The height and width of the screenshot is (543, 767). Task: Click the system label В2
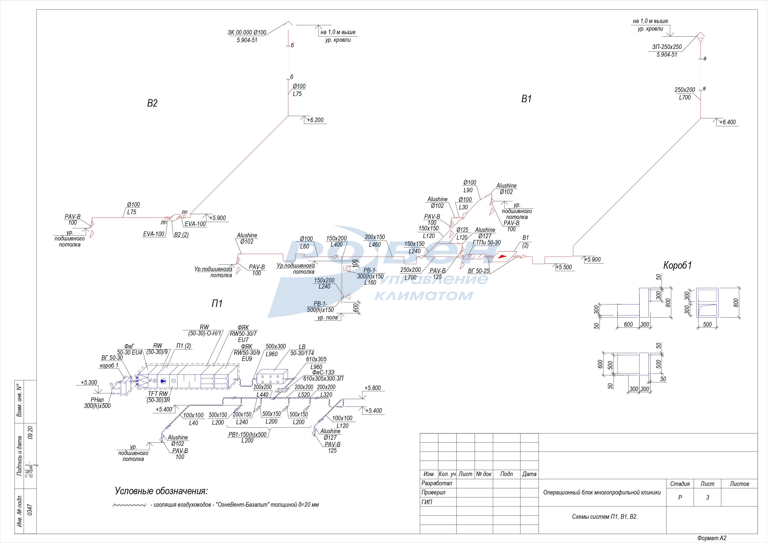(x=152, y=103)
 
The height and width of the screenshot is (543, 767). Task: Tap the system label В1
(x=527, y=99)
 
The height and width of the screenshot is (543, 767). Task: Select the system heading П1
(x=217, y=304)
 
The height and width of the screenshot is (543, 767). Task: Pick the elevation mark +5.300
(x=89, y=382)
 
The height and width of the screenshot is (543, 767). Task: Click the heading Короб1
(x=677, y=265)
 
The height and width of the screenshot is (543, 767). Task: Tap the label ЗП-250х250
(x=667, y=47)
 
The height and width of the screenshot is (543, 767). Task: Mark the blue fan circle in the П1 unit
(x=163, y=381)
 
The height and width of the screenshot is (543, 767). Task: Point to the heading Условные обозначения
(x=161, y=491)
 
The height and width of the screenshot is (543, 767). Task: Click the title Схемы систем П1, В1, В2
(x=605, y=517)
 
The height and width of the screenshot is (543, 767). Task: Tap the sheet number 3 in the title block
(x=707, y=497)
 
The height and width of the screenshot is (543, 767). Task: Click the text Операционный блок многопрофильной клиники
(x=602, y=492)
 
